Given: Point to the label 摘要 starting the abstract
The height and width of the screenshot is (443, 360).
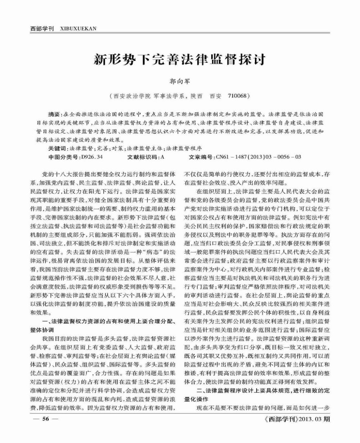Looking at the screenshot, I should coord(55,113).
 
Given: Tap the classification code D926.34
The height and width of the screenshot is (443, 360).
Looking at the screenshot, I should coord(91,157).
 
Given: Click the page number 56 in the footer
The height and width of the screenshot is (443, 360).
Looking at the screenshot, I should coord(46,419).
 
